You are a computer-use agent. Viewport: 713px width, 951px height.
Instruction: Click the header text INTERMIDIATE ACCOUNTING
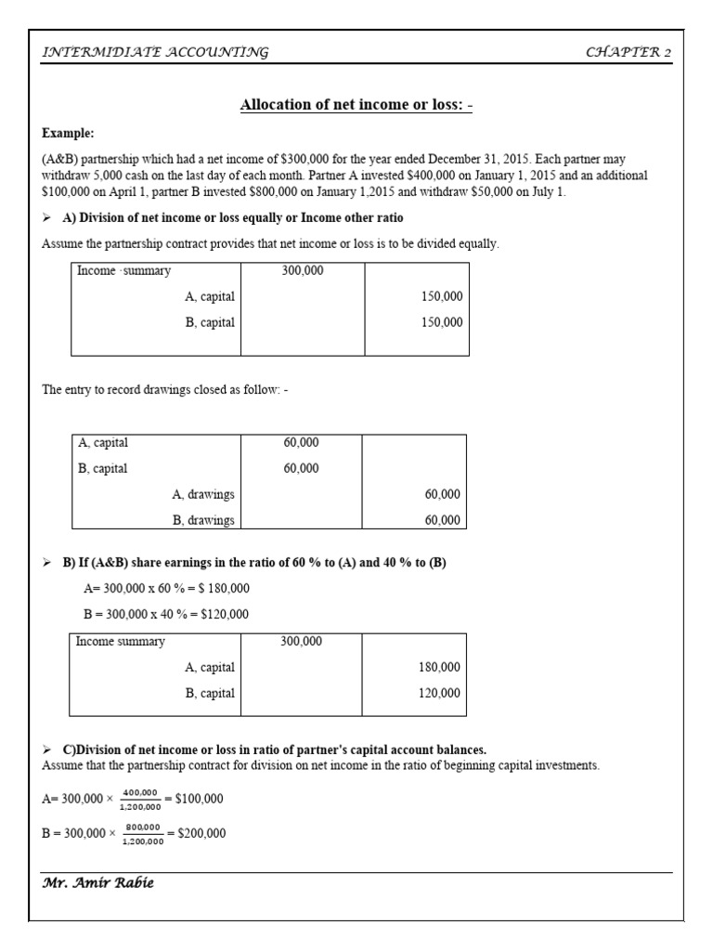(155, 52)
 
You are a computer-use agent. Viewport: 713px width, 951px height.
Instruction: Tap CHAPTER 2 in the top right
(628, 52)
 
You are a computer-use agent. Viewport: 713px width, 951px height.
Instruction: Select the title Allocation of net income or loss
(356, 105)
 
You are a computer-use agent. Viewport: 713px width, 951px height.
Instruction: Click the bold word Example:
(68, 134)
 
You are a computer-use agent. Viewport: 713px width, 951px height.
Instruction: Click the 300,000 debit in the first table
(302, 271)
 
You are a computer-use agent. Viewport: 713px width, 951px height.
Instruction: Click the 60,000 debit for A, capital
(302, 443)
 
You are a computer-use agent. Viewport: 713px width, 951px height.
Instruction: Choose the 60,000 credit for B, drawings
(442, 520)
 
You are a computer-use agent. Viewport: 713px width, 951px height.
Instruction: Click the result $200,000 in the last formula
(201, 833)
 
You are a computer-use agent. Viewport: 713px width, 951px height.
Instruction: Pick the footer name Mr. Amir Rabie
(97, 883)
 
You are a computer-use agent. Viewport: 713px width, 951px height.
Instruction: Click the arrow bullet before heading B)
(48, 564)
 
